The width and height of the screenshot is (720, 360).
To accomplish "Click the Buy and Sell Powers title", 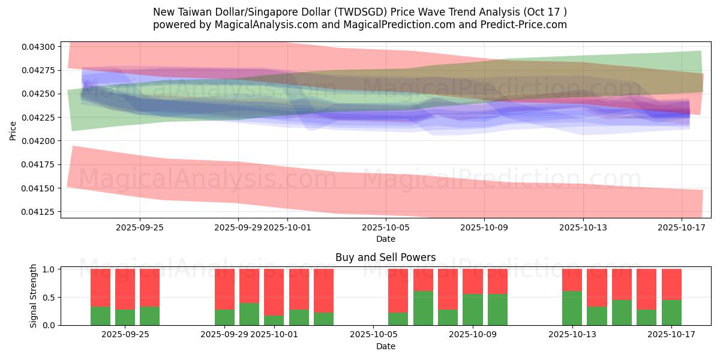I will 385,257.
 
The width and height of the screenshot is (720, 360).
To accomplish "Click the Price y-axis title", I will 13,130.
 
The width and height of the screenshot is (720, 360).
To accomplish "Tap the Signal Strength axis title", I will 34,296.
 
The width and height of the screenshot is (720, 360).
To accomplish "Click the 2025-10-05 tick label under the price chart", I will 386,227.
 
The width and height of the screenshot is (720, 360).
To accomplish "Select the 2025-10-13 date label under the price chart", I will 583,227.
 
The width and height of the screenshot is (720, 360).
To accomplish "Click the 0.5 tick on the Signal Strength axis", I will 50,298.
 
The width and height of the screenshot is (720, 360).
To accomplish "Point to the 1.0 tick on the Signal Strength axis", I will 50,269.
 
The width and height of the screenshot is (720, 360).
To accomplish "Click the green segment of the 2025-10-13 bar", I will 572,308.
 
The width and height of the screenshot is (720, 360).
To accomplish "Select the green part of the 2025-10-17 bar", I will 671,313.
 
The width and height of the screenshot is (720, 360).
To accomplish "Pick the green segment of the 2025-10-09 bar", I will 473,310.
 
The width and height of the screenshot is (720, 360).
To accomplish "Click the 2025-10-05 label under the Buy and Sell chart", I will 373,334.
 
